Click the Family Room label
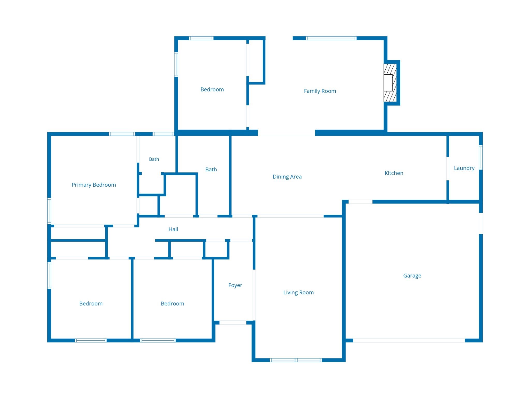pos(320,91)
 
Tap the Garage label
pos(412,276)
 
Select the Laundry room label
pos(464,168)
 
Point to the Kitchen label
pos(394,173)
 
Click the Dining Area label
pos(287,177)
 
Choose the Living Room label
pos(298,293)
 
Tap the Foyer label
pos(235,285)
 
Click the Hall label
pos(173,229)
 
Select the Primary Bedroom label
pos(94,185)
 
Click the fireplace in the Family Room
pos(390,83)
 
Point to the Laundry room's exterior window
pos(481,157)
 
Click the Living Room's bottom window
pos(296,360)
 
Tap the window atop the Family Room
pos(331,38)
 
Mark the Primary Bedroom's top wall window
pos(122,134)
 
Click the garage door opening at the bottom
pos(409,340)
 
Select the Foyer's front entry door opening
pos(233,323)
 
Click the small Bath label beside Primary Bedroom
pos(154,159)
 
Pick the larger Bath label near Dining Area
pos(211,170)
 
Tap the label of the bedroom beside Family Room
pos(212,89)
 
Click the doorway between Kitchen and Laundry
pos(448,169)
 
